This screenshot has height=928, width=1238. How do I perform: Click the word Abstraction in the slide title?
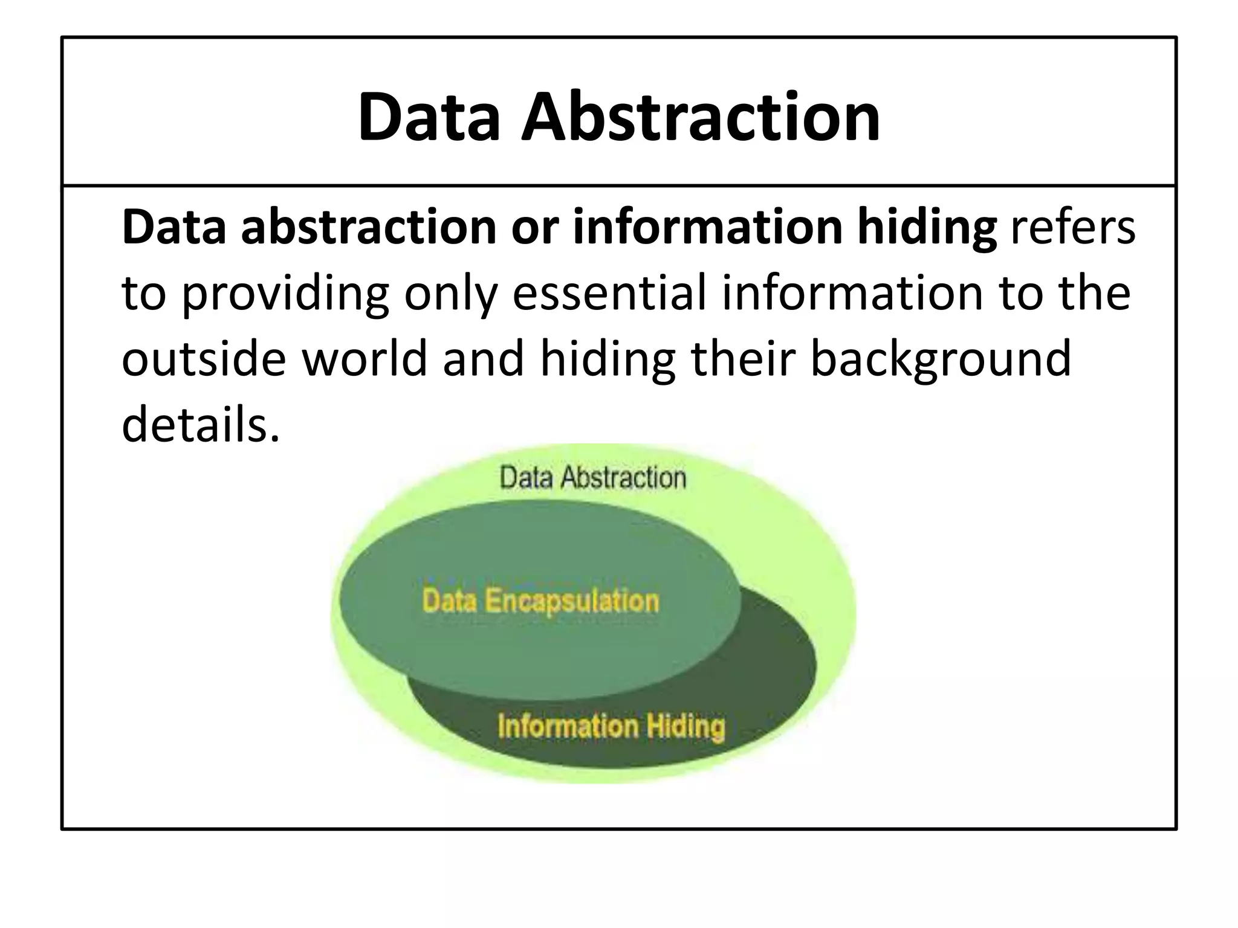[x=701, y=117]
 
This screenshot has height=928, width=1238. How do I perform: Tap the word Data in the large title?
[x=429, y=117]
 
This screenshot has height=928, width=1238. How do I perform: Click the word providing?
[x=285, y=294]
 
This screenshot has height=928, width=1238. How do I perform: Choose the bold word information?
[x=707, y=228]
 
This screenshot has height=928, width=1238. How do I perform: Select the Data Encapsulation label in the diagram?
[x=540, y=601]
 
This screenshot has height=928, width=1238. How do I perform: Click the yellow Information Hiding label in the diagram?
[x=611, y=726]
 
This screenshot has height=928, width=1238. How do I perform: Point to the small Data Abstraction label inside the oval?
[x=592, y=478]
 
